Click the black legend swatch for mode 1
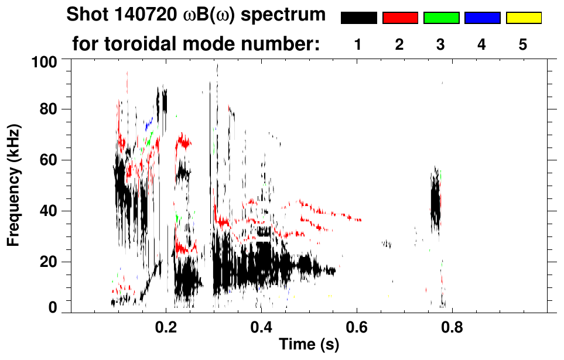point(358,18)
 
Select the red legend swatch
point(400,18)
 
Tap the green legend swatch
point(441,18)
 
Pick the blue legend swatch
point(482,18)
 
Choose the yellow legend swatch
point(523,18)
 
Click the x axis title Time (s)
point(308,345)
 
